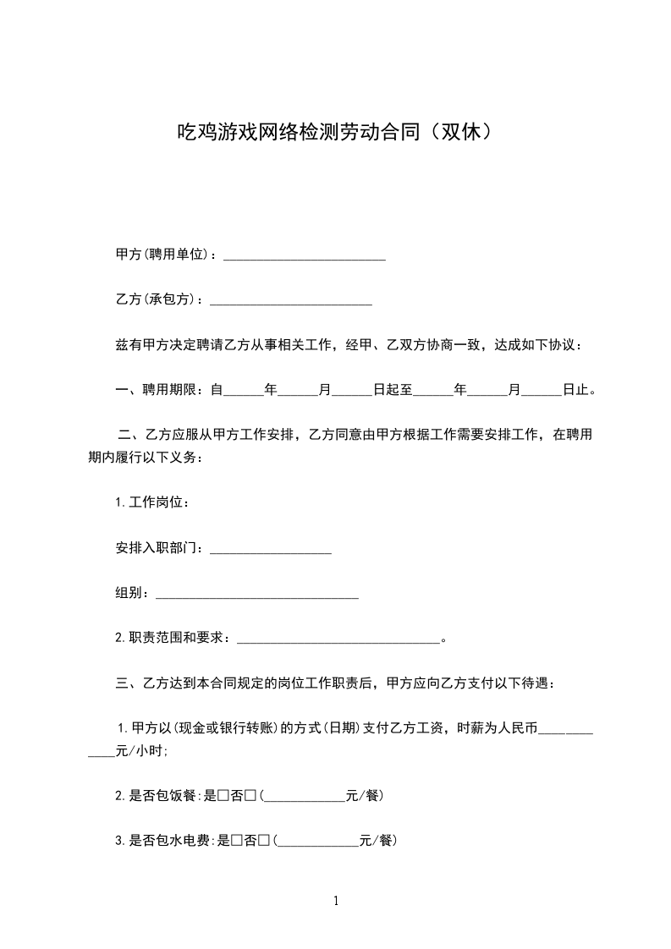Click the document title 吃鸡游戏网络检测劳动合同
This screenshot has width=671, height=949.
296,132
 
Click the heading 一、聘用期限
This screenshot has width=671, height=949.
157,390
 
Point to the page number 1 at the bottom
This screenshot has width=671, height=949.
336,901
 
